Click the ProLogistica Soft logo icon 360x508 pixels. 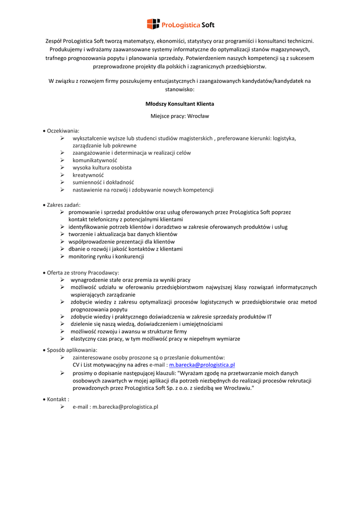(x=153, y=24)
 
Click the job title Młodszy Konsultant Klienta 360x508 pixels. (x=180, y=104)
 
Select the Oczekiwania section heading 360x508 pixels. (x=63, y=130)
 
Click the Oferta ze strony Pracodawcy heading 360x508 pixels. (x=83, y=272)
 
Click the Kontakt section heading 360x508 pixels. (x=58, y=399)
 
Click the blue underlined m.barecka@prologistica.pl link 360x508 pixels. (x=202, y=365)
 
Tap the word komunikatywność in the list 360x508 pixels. (x=95, y=160)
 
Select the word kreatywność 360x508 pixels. (x=88, y=175)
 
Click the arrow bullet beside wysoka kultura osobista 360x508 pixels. (x=63, y=168)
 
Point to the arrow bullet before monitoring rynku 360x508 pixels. (x=63, y=256)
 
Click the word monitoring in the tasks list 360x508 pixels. (x=82, y=256)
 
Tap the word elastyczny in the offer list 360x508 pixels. (x=83, y=339)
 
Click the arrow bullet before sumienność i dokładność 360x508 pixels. (x=63, y=183)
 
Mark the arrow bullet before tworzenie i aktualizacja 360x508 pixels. (x=63, y=234)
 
